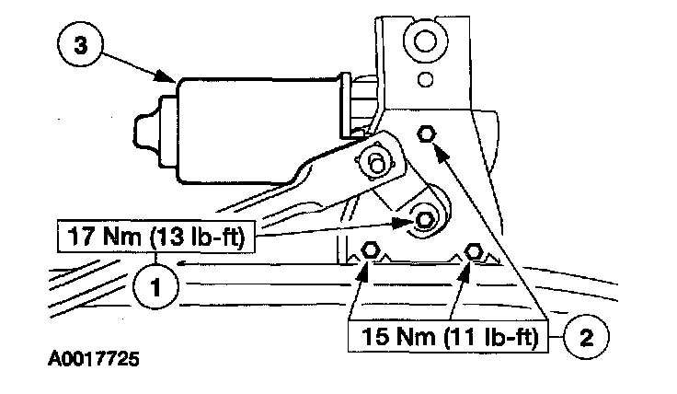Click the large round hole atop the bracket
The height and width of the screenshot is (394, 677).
(424, 42)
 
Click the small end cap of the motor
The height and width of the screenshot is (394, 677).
(150, 123)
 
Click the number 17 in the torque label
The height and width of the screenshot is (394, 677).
(79, 237)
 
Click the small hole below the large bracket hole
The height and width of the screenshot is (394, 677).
(425, 79)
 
